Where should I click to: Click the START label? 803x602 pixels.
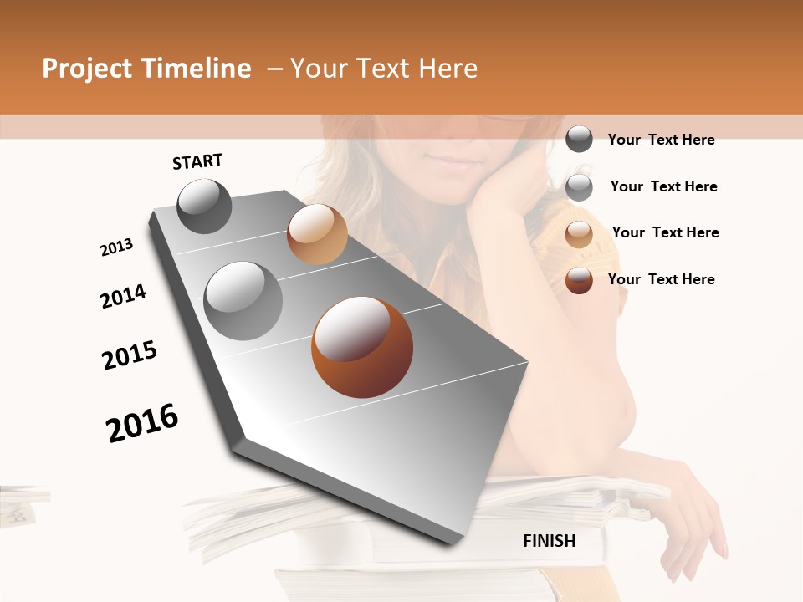coord(197,161)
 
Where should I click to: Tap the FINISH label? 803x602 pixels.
coord(550,541)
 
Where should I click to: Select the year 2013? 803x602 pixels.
coord(116,247)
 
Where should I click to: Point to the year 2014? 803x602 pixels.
coord(123,296)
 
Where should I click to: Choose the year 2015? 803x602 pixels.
coord(130,355)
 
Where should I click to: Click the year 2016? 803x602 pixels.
coord(142,423)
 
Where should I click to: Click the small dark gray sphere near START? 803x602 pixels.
coord(204,206)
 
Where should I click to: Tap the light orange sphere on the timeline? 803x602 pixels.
coord(317,234)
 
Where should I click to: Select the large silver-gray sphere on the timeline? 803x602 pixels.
coord(243,301)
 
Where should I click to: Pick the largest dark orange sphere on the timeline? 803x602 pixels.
coord(362,347)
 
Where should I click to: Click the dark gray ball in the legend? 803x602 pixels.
coord(579,139)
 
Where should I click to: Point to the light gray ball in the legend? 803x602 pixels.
coord(579,186)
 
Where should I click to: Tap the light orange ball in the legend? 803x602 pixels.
coord(579,233)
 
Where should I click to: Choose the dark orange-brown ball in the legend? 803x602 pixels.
coord(579,280)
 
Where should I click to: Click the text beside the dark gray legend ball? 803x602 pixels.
coord(661,140)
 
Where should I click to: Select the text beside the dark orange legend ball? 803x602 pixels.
coord(661,279)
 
